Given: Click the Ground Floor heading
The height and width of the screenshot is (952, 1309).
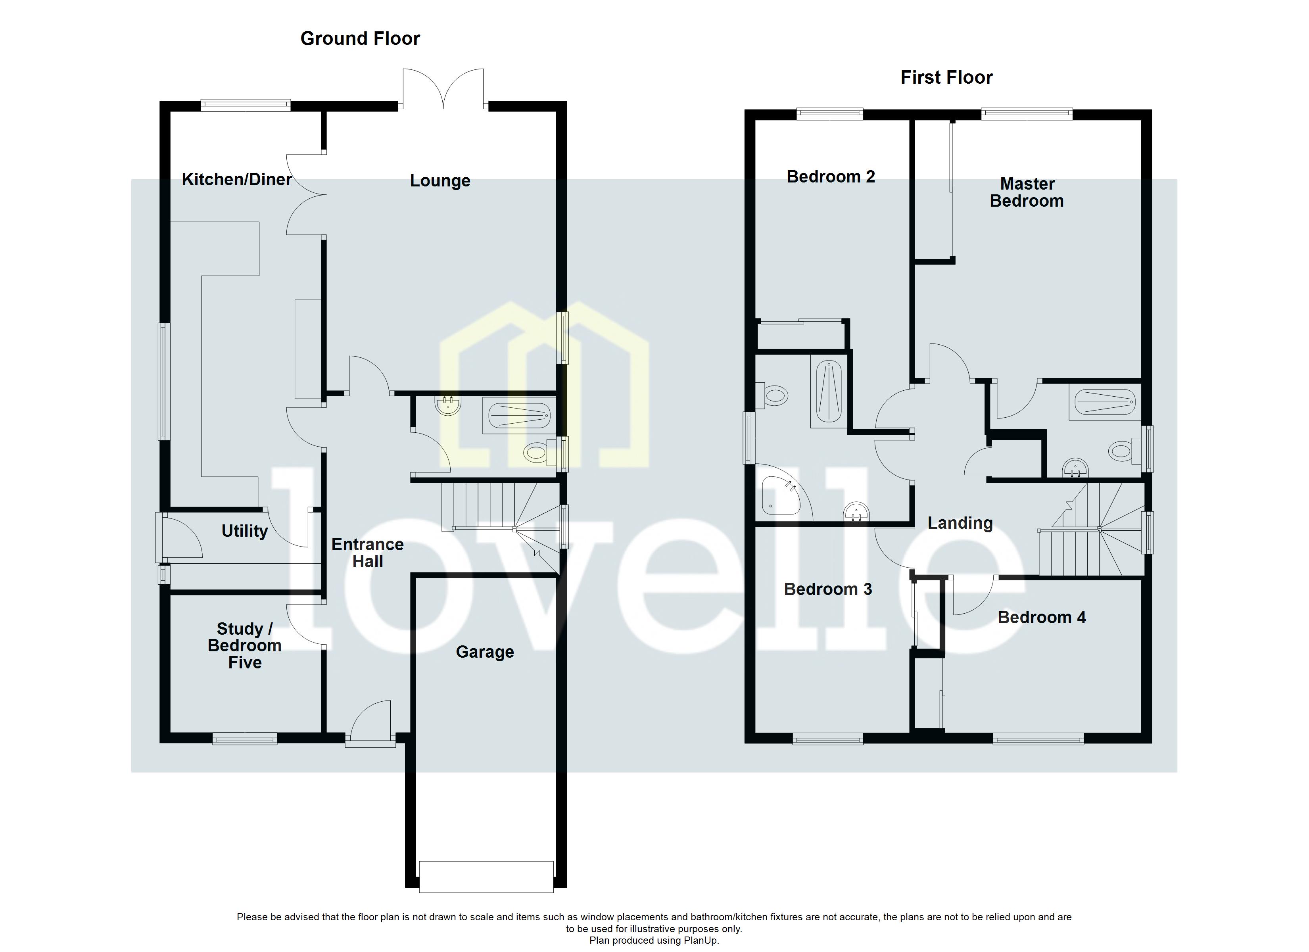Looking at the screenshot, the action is coord(360,39).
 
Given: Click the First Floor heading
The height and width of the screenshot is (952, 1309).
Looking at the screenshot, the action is coord(946,77).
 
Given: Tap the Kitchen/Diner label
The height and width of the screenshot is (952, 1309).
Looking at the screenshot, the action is coord(237,180).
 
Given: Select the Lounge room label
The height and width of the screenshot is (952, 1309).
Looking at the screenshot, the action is coord(440,181).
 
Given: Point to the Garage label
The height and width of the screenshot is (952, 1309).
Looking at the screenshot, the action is coord(484,652).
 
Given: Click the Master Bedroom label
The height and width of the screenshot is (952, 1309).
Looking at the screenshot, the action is coord(1027,192).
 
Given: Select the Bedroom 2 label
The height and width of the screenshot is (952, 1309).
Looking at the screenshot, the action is coord(831,177).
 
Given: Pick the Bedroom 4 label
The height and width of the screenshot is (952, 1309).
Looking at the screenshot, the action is coord(1041,617).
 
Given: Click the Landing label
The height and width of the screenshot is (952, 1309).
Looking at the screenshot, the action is coord(960,523).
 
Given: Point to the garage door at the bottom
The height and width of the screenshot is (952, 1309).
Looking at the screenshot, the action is coord(486,885).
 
